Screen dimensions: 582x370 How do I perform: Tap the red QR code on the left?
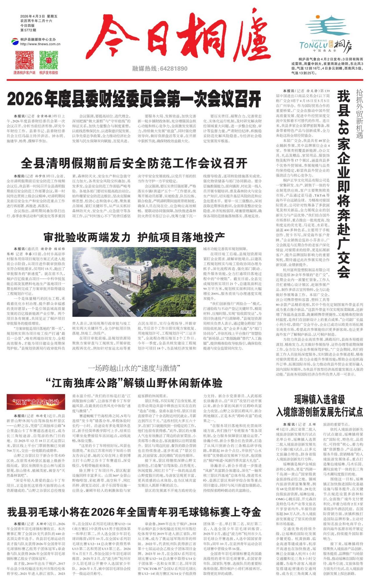(24, 60)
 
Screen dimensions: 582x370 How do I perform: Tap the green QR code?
(49, 60)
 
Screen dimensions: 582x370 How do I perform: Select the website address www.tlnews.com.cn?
(40, 44)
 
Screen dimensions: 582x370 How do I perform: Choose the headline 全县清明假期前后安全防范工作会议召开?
(134, 164)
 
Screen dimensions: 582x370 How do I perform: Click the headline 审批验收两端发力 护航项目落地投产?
(134, 237)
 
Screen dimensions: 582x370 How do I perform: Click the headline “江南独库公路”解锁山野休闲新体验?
(134, 383)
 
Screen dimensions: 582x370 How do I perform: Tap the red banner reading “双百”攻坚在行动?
(36, 402)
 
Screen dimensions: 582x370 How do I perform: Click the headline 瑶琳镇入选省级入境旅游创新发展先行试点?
(319, 406)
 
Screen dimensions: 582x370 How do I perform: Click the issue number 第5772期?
(28, 30)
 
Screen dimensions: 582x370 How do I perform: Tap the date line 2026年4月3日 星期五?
(39, 16)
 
